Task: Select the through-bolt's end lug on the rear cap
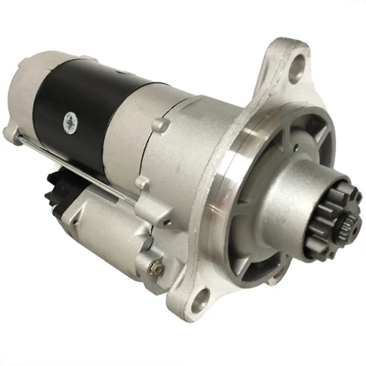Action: pyautogui.click(x=11, y=132)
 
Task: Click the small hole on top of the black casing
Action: pyautogui.click(x=122, y=72)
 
